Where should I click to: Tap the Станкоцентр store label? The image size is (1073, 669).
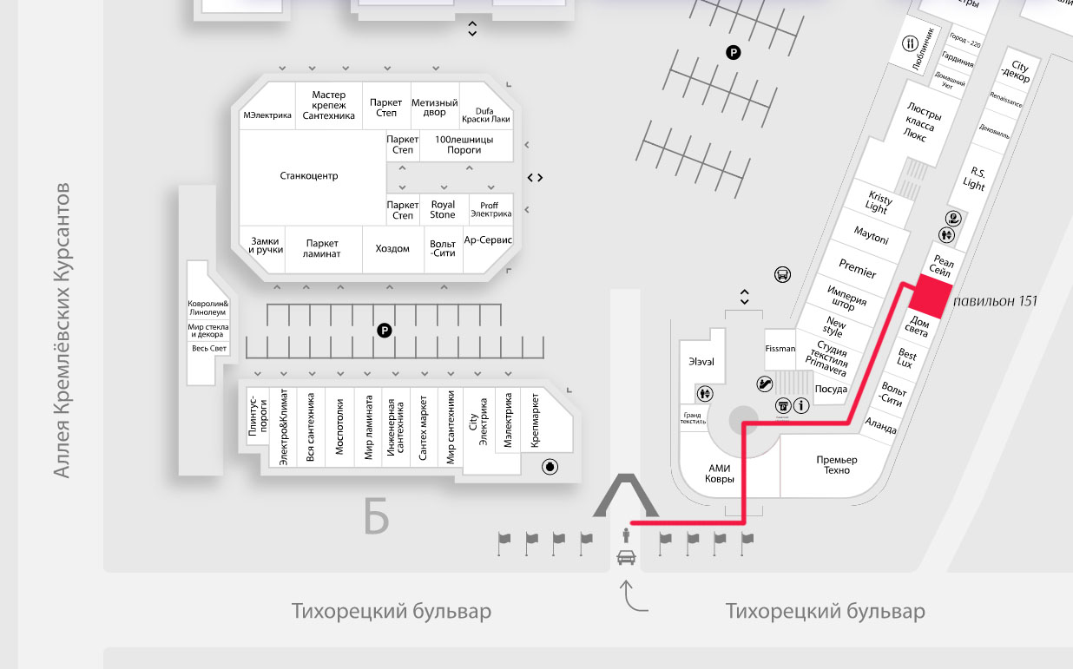[309, 176]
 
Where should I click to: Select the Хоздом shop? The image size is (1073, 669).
[392, 249]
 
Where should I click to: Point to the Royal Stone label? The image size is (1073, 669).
[443, 210]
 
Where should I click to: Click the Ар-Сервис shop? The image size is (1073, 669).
[489, 240]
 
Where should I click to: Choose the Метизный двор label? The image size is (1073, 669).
[435, 108]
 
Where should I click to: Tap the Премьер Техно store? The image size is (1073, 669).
[837, 464]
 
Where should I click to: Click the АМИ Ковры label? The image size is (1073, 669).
[721, 474]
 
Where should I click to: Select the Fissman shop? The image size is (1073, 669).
[780, 349]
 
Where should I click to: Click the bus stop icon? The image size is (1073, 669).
[782, 275]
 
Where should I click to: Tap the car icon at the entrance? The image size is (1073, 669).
[625, 557]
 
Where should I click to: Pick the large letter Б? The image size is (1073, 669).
[376, 518]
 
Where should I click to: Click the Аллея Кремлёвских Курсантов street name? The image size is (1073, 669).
[62, 330]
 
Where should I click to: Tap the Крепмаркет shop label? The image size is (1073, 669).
[536, 421]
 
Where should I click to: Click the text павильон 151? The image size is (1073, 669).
[995, 302]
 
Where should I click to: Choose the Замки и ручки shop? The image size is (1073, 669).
[266, 246]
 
